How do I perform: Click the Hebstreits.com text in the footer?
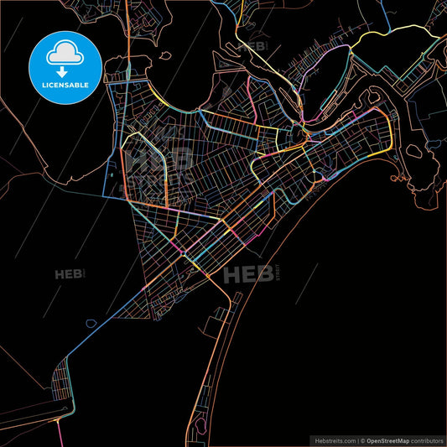coord(333,439)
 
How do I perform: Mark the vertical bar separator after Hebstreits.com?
coord(357,439)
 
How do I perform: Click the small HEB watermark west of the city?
coord(69,273)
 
